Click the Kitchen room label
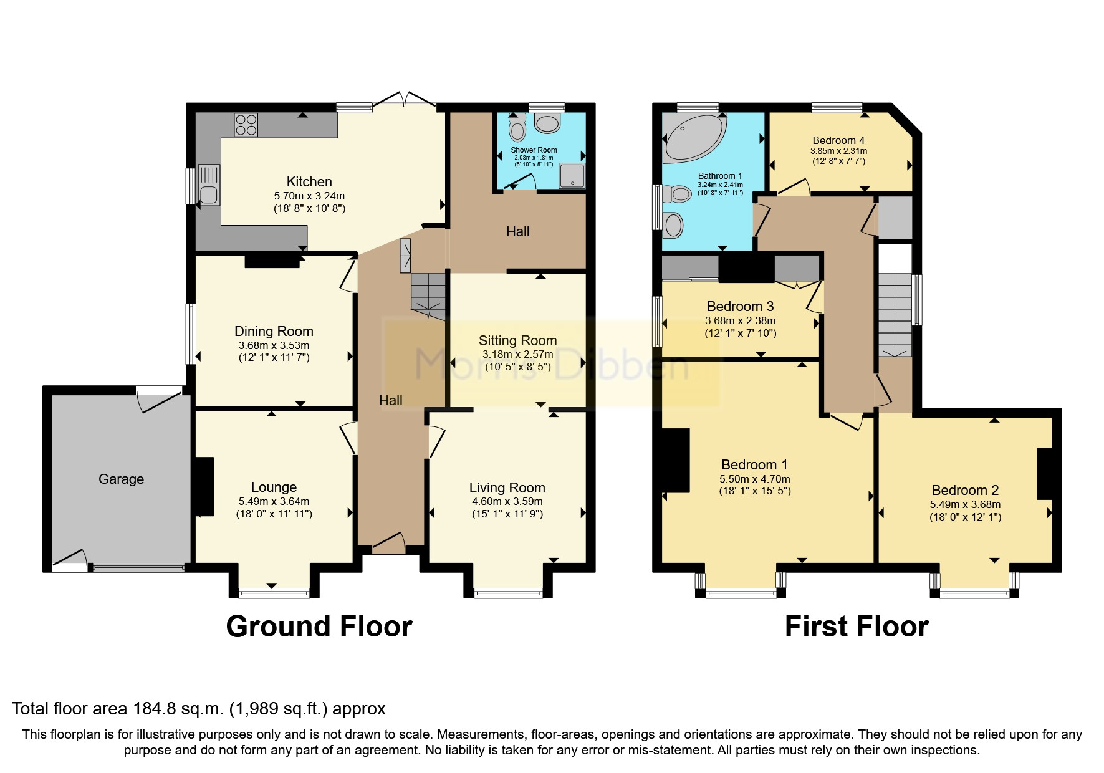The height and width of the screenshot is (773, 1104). [x=309, y=181]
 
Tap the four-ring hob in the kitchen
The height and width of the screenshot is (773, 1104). [x=246, y=125]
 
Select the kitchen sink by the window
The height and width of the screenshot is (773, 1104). [x=209, y=185]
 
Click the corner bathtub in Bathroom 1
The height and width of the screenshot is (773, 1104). [x=693, y=135]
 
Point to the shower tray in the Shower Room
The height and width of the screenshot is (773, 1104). [x=572, y=175]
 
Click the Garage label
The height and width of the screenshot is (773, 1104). [x=121, y=479]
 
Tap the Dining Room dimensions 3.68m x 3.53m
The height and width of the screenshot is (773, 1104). [x=274, y=345]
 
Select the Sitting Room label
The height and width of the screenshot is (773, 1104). [x=517, y=340]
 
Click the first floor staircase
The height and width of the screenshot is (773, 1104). [x=895, y=315]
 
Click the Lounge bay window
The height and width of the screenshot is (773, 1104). [x=274, y=592]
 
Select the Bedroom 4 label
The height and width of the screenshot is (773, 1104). [x=838, y=140]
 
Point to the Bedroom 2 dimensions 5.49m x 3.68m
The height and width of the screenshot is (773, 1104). [x=965, y=504]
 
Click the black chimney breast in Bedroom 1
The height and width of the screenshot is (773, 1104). [x=676, y=460]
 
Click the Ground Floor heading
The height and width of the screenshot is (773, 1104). [x=319, y=626]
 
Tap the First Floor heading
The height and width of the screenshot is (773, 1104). [x=856, y=626]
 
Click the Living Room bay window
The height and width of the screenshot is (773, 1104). [x=508, y=592]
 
